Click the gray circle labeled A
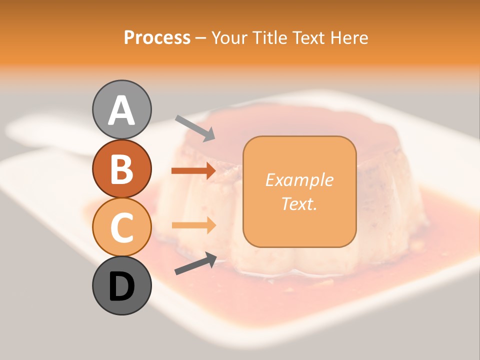pos(121,110)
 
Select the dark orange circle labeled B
pos(121,168)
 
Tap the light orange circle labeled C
pos(121,227)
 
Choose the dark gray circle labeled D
pos(121,286)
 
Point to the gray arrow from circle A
pos(195,128)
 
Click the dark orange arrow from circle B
pos(193,171)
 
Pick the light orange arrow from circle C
pos(193,225)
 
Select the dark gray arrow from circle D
pos(195,263)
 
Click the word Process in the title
pos(157,37)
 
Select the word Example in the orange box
pos(299,180)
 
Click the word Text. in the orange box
pos(299,203)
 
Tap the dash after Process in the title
pos(201,38)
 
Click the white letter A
pos(121,111)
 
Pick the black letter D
pos(121,286)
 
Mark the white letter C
pos(121,227)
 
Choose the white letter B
pos(121,169)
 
